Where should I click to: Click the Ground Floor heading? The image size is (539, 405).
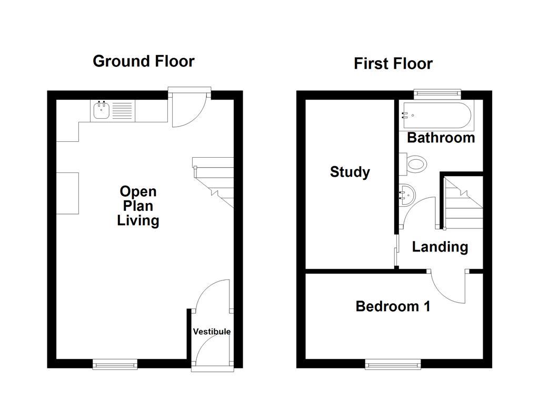143,61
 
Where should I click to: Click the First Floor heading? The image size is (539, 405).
393,64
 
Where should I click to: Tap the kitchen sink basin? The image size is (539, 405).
101,111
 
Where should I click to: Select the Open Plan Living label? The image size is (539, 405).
138,206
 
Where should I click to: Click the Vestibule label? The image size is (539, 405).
212,332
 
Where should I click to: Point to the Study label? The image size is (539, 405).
350,172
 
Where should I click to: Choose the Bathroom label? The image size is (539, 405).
441,138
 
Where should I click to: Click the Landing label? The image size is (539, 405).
440,247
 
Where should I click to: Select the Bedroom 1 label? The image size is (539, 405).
393,306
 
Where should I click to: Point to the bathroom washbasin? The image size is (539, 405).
407,195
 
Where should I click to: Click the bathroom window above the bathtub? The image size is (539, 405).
437,94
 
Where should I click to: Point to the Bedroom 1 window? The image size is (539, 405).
393,363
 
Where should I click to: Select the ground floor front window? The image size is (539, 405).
115,363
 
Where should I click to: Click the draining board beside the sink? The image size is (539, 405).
122,111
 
